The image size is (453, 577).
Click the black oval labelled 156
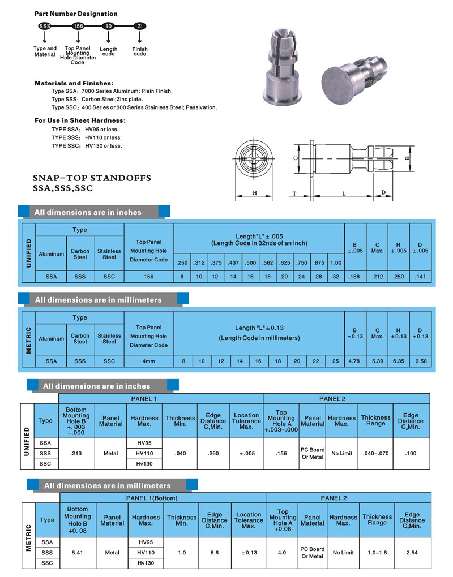pos(78,26)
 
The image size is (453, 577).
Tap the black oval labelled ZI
pos(140,26)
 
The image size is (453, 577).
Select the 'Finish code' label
pos(140,51)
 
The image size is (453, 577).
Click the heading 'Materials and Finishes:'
pos(74,83)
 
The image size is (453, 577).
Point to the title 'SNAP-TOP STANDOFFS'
pos(92,178)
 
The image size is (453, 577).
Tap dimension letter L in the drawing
pos(344,193)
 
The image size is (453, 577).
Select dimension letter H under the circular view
pos(255,193)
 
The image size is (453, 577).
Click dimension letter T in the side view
pos(295,193)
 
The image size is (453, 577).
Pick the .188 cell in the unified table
pos(355,277)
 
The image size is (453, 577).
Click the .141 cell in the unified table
pos(420,277)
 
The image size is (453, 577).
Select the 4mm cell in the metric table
pos(149,361)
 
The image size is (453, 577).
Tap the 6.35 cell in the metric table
pos(399,361)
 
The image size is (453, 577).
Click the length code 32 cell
pos(336,277)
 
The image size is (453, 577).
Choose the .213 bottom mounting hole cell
pos(76,453)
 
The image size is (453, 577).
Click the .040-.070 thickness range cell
pos(376,453)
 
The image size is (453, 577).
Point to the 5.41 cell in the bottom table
pos(77,552)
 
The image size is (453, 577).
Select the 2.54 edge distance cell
pos(412,552)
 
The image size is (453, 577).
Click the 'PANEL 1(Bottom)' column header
pos(162,498)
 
